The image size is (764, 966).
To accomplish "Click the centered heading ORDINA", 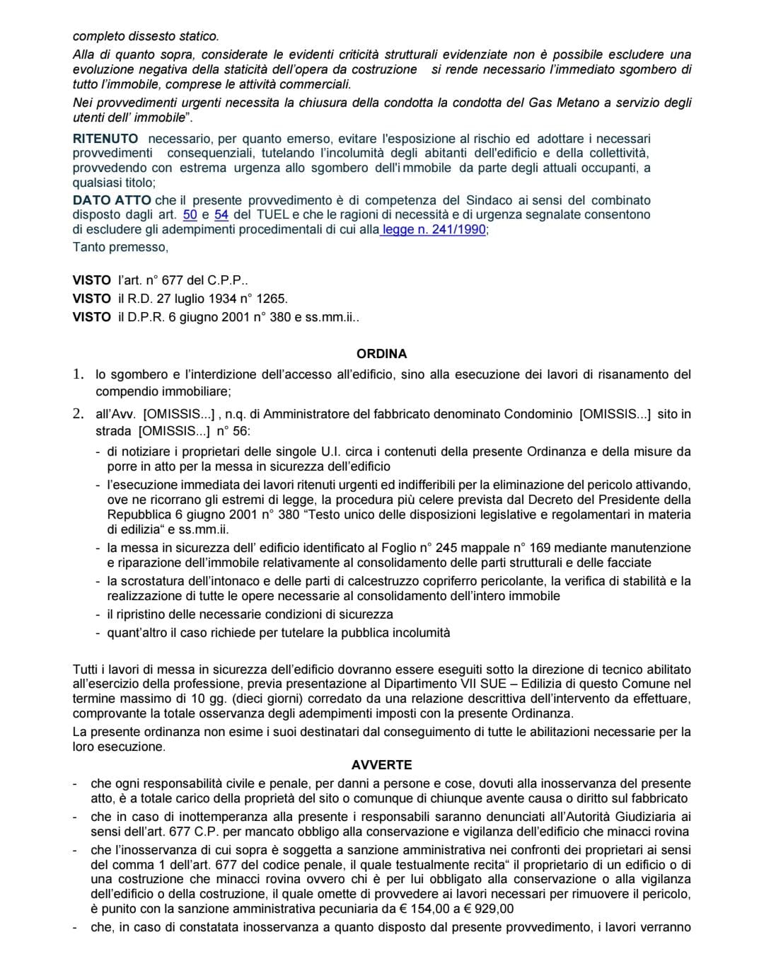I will [x=381, y=354].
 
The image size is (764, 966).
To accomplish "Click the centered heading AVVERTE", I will [x=381, y=765].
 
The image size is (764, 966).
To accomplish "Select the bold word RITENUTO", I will [x=105, y=139].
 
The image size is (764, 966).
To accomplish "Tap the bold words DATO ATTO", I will [x=112, y=200].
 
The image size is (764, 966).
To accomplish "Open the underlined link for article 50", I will [x=190, y=215].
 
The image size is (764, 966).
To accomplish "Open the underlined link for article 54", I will [x=221, y=215].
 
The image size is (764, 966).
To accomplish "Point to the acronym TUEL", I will [x=272, y=215].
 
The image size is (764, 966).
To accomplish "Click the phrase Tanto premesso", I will [x=120, y=247].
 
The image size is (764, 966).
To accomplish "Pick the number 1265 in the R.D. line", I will [x=272, y=299].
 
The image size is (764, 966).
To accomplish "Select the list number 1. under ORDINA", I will [x=79, y=374].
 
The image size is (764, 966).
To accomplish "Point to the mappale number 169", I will [x=540, y=548].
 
